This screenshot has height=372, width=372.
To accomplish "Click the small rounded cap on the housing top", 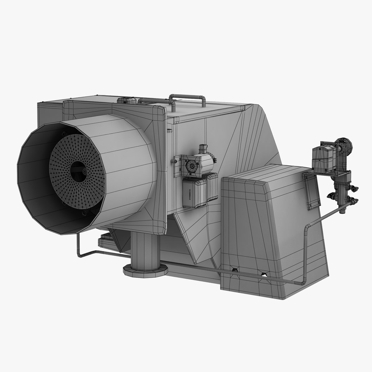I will pos(127,100).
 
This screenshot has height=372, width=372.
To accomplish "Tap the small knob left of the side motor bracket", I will pos(172,161).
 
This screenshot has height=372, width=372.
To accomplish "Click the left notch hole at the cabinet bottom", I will pos(235,269).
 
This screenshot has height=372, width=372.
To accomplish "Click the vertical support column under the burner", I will pos(145,248).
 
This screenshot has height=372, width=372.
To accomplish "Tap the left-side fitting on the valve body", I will pos(331,196).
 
